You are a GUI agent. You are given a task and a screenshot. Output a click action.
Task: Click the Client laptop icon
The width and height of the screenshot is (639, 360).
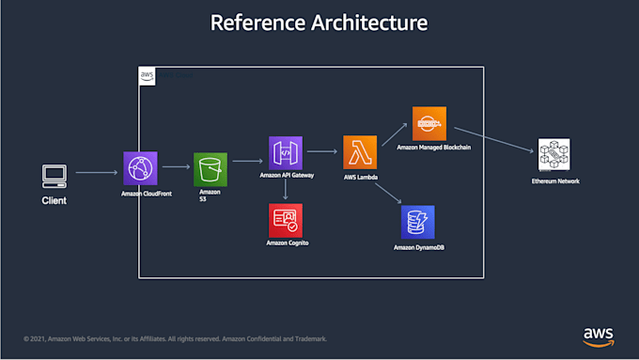click(54, 174)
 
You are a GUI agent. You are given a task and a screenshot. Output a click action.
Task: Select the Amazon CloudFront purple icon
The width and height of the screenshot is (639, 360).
click(140, 168)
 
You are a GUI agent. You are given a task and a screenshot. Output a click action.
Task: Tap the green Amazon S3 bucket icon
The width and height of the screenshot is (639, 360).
click(210, 169)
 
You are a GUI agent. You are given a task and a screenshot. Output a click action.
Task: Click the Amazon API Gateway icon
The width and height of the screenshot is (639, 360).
click(286, 152)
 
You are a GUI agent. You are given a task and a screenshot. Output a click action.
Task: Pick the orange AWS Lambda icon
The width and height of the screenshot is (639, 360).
click(360, 152)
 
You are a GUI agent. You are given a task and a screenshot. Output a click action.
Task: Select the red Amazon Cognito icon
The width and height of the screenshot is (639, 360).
click(285, 220)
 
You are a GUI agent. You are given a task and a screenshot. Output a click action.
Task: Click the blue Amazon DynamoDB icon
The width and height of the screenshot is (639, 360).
click(417, 222)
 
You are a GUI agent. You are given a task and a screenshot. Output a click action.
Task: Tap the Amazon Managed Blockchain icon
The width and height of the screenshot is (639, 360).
click(429, 123)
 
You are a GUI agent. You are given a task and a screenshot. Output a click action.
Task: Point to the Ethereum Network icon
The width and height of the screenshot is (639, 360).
click(554, 155)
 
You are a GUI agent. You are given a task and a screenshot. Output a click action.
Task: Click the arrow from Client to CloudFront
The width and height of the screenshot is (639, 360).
click(97, 172)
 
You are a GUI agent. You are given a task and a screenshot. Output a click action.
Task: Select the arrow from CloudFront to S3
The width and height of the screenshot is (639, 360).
click(176, 168)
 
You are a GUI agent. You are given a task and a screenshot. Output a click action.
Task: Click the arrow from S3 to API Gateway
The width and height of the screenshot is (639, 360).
click(247, 161)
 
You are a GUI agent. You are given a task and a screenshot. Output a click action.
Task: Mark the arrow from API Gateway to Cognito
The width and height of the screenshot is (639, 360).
click(285, 190)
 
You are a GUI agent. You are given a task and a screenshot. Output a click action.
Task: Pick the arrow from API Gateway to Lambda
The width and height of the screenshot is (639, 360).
click(322, 151)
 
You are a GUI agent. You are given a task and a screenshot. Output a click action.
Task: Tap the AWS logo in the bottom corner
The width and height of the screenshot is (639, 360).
click(598, 336)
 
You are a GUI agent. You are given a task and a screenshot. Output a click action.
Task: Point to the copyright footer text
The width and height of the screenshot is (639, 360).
click(175, 339)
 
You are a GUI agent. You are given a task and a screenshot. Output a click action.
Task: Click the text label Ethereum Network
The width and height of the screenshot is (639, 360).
click(554, 180)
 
